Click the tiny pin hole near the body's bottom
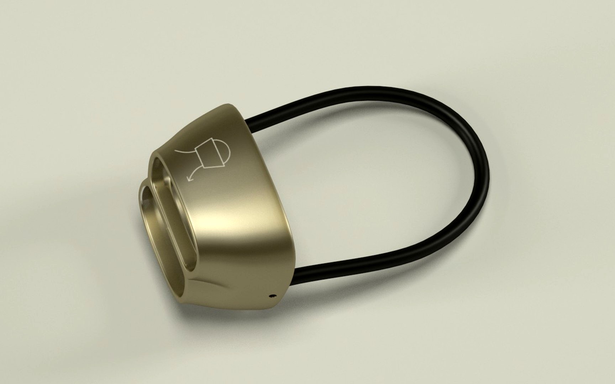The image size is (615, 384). click(x=273, y=295)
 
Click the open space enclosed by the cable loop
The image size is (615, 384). click(x=374, y=178)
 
